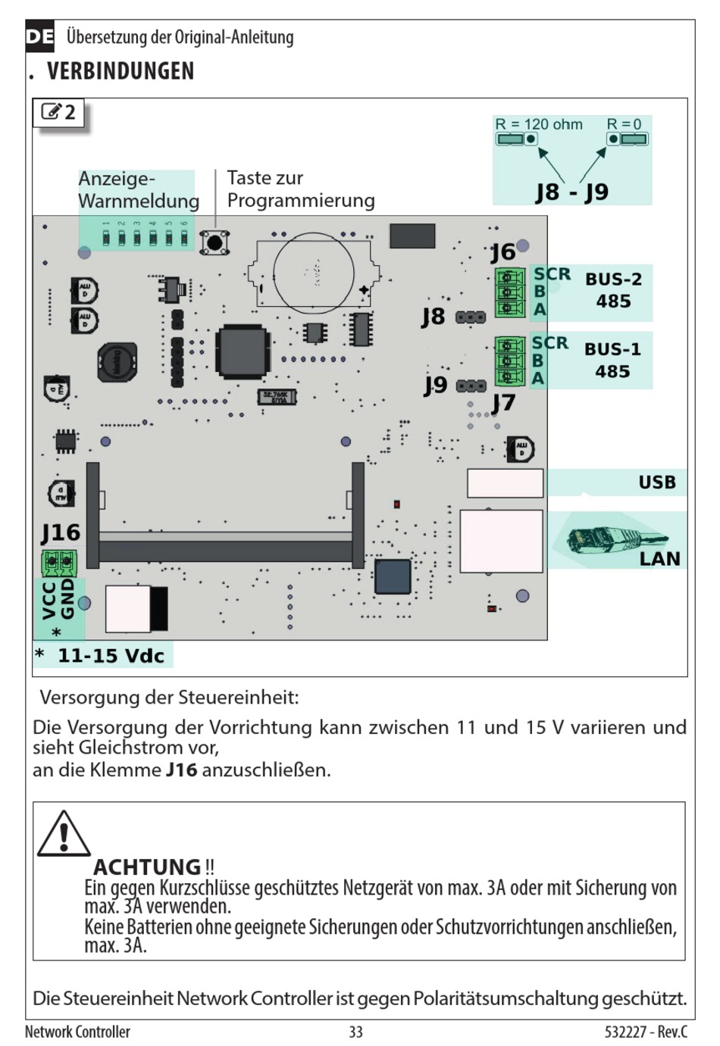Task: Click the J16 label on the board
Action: pyautogui.click(x=61, y=532)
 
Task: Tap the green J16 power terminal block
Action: pyautogui.click(x=58, y=562)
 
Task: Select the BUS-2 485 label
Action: pyautogui.click(x=613, y=290)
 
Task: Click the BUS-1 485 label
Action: pyautogui.click(x=612, y=361)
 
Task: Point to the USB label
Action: pyautogui.click(x=656, y=482)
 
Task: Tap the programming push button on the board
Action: pyautogui.click(x=215, y=242)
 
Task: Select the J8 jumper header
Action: pyautogui.click(x=471, y=317)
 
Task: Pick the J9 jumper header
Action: pyautogui.click(x=471, y=386)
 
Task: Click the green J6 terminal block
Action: pyautogui.click(x=509, y=292)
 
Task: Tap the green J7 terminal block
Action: pyautogui.click(x=509, y=361)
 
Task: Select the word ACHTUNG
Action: pyautogui.click(x=147, y=866)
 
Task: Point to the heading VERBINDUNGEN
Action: pyautogui.click(x=121, y=71)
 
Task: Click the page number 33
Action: pyautogui.click(x=356, y=1032)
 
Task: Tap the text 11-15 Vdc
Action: pyautogui.click(x=111, y=656)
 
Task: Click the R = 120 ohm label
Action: pyautogui.click(x=539, y=124)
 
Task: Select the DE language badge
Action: pyautogui.click(x=39, y=36)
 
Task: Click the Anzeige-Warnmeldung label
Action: pyautogui.click(x=138, y=189)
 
